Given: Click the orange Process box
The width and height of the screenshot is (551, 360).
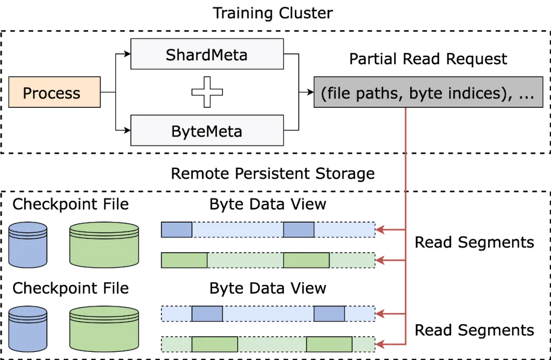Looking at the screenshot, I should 54,92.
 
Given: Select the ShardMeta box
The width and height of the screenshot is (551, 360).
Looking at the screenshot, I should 207,54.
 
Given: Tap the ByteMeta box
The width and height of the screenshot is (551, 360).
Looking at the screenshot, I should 207,131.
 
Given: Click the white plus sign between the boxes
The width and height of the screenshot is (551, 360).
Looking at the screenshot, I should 207,92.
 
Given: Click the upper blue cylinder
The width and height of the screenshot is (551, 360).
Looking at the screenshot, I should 28,245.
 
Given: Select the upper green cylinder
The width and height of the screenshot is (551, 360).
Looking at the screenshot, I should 104,245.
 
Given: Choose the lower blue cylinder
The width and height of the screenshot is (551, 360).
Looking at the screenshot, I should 28,329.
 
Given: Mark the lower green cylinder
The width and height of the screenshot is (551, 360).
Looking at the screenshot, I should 104,329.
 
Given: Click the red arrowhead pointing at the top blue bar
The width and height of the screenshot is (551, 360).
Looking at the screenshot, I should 381,230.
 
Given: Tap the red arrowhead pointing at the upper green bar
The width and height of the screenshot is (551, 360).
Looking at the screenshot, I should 381,260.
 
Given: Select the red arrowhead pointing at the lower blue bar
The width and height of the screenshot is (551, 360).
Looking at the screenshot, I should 381,314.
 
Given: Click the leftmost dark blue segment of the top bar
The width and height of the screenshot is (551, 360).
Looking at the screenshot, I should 177,230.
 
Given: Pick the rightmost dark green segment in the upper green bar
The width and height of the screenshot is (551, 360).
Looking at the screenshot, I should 306,260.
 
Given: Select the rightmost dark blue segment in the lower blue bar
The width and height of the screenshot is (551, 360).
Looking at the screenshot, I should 329,314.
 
